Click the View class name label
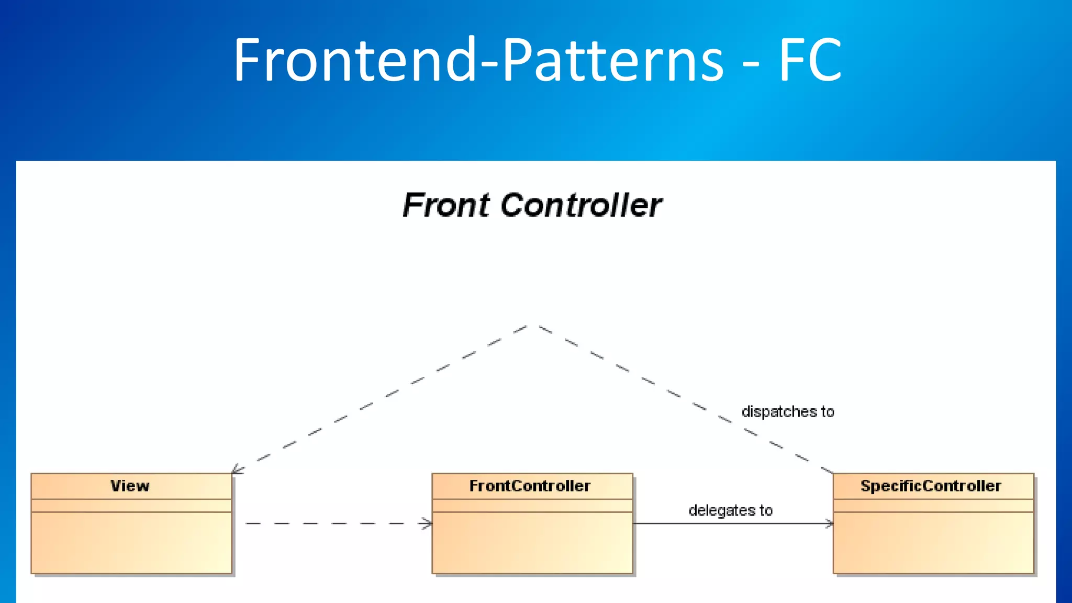(x=130, y=486)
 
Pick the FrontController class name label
(x=530, y=486)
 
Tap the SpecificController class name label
(x=931, y=486)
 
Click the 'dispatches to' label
(x=787, y=412)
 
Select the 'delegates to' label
(x=730, y=510)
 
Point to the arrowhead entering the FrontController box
(x=427, y=523)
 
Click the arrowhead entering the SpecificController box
(x=829, y=523)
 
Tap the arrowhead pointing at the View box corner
(x=236, y=470)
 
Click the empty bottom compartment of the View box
(x=131, y=543)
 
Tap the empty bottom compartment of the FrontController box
(x=532, y=543)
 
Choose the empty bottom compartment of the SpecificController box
(x=933, y=543)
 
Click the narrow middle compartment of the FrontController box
(x=532, y=506)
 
